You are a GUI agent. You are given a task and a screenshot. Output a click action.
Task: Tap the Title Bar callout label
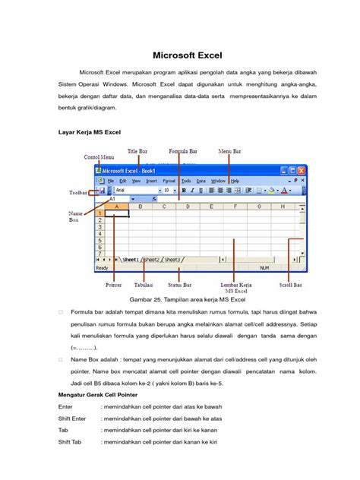(x=137, y=151)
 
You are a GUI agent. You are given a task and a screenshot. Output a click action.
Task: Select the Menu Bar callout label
(x=229, y=151)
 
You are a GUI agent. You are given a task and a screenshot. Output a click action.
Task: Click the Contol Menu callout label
(x=99, y=156)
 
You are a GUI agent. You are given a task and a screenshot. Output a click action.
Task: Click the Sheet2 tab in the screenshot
(x=152, y=260)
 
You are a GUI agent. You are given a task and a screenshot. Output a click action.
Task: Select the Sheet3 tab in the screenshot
(x=172, y=260)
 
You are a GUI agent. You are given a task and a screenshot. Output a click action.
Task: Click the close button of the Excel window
(x=303, y=171)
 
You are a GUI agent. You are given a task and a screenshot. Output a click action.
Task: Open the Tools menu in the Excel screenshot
(x=185, y=181)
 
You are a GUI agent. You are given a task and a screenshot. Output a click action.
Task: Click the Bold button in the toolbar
(x=184, y=191)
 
